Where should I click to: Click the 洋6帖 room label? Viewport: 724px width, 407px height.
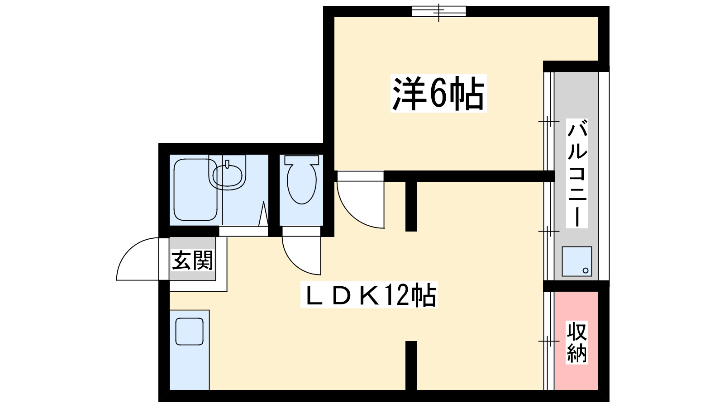click(x=438, y=94)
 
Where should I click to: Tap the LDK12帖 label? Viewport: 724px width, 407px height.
click(x=369, y=296)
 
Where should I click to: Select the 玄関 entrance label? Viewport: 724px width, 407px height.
click(x=192, y=260)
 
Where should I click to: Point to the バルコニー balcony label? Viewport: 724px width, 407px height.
click(x=577, y=173)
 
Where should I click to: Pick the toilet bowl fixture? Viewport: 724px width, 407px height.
click(x=301, y=181)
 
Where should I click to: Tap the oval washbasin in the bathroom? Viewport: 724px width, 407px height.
click(x=228, y=176)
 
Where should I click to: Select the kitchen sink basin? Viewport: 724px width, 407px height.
click(x=189, y=331)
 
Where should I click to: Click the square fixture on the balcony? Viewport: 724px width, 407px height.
click(x=576, y=261)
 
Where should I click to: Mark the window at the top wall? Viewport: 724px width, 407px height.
click(x=438, y=11)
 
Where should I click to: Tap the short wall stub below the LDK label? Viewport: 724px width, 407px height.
click(x=411, y=365)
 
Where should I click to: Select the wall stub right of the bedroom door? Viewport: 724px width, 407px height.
click(x=411, y=206)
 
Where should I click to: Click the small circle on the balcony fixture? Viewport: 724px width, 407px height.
click(x=585, y=270)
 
